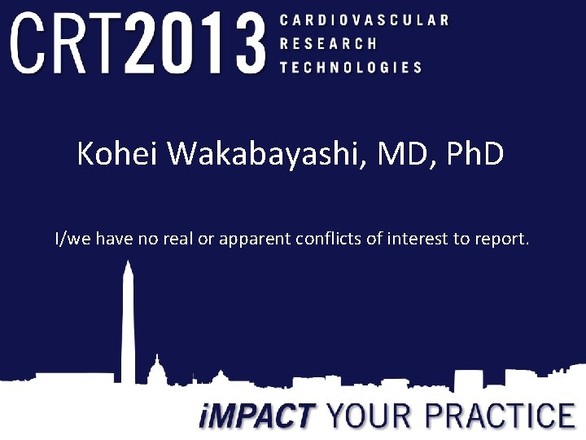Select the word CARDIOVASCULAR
[x=363, y=20]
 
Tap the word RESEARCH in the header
[x=328, y=44]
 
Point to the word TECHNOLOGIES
[x=351, y=68]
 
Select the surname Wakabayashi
[x=260, y=154]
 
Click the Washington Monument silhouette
[x=129, y=322]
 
